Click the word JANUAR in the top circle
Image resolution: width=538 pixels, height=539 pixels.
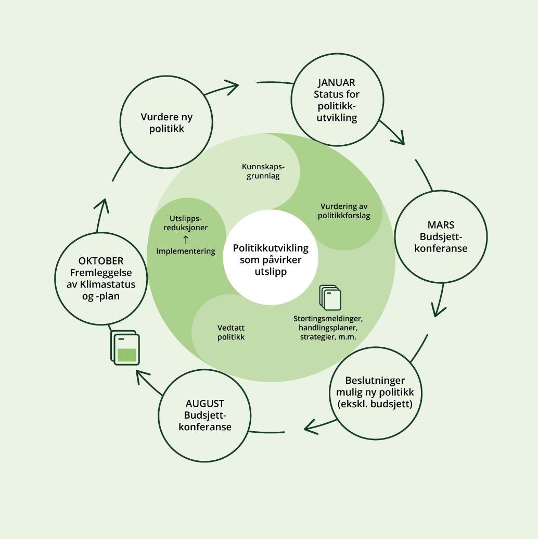pyautogui.click(x=337, y=82)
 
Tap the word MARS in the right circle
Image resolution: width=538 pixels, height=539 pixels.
pyautogui.click(x=441, y=225)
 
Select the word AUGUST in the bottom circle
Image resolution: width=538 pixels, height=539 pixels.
pyautogui.click(x=205, y=404)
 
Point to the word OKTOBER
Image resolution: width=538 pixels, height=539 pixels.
pyautogui.click(x=101, y=261)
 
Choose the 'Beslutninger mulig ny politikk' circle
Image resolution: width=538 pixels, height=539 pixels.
pyautogui.click(x=375, y=392)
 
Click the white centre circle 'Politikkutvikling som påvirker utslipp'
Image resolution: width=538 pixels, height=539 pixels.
pyautogui.click(x=271, y=259)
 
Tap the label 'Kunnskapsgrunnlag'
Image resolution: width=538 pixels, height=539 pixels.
pyautogui.click(x=263, y=171)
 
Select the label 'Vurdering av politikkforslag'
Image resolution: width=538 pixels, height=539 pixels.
pyautogui.click(x=344, y=211)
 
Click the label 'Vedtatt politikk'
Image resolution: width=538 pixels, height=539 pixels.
pyautogui.click(x=230, y=332)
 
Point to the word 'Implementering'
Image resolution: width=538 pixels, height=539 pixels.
pyautogui.click(x=185, y=251)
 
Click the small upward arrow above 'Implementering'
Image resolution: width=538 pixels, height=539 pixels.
pyautogui.click(x=185, y=240)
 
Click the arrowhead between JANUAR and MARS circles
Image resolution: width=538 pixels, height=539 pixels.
pyautogui.click(x=399, y=138)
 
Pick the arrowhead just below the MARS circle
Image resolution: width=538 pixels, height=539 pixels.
pyautogui.click(x=439, y=310)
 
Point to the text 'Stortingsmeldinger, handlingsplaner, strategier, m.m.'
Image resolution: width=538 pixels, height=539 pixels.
pyautogui.click(x=327, y=328)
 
